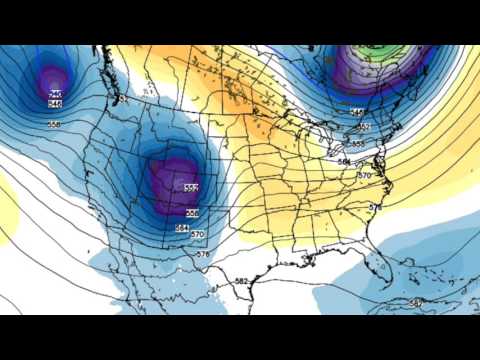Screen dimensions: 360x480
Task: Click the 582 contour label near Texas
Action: (x=241, y=281)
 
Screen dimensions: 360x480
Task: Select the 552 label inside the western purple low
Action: (x=191, y=187)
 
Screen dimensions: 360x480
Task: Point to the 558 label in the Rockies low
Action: (x=192, y=212)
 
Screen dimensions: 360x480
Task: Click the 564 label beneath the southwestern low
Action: (x=182, y=228)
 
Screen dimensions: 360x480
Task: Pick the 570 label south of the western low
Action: (x=197, y=235)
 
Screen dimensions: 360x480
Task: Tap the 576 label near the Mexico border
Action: (x=203, y=254)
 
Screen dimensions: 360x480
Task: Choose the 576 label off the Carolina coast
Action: (x=375, y=207)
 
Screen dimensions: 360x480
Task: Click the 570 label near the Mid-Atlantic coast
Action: (x=363, y=175)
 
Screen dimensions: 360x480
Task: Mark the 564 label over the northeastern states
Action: (x=343, y=161)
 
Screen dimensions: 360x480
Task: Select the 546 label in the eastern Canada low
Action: (x=357, y=113)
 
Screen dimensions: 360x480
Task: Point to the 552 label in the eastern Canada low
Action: (x=363, y=127)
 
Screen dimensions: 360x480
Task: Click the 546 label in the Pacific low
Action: (x=54, y=103)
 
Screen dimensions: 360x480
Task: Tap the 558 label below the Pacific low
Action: (x=54, y=123)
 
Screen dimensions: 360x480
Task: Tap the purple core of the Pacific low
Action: (x=51, y=80)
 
